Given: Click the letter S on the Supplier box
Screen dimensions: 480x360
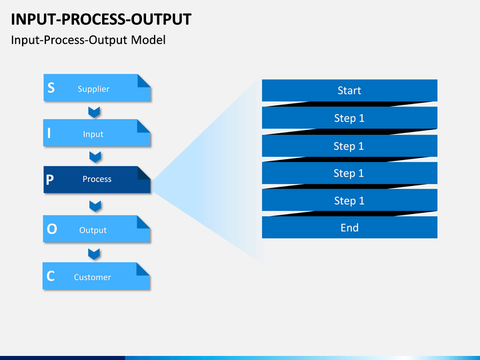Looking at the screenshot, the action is (x=51, y=87).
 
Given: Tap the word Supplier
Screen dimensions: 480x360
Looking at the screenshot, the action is (x=93, y=89).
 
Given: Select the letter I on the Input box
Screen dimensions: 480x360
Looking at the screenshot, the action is (x=49, y=133).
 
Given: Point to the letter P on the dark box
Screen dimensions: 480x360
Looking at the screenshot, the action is (x=50, y=180).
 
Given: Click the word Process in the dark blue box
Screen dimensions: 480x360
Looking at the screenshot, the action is (x=97, y=179).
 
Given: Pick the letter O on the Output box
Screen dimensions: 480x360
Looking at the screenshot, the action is (x=52, y=229).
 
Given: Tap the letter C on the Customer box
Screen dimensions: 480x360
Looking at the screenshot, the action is (x=51, y=276).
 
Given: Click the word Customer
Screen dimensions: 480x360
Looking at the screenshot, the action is (x=93, y=277).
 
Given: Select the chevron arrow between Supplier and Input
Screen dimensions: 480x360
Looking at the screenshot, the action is (x=94, y=112).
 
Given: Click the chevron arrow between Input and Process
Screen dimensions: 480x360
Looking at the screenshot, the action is (x=95, y=157).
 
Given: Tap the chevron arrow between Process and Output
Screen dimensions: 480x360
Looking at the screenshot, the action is (x=95, y=206).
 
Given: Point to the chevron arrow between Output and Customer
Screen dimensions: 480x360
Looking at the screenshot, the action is (x=94, y=254).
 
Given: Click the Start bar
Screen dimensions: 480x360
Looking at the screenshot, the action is (x=349, y=90).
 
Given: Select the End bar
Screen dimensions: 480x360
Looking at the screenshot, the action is (x=349, y=227).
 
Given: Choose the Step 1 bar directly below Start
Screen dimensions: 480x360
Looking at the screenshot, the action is (x=349, y=118).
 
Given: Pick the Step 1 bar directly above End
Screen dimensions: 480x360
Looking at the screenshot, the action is (x=349, y=200).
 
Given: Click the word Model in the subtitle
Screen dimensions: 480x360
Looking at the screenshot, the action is (x=148, y=40).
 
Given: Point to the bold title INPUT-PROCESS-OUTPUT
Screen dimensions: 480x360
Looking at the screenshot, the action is (x=101, y=19).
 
